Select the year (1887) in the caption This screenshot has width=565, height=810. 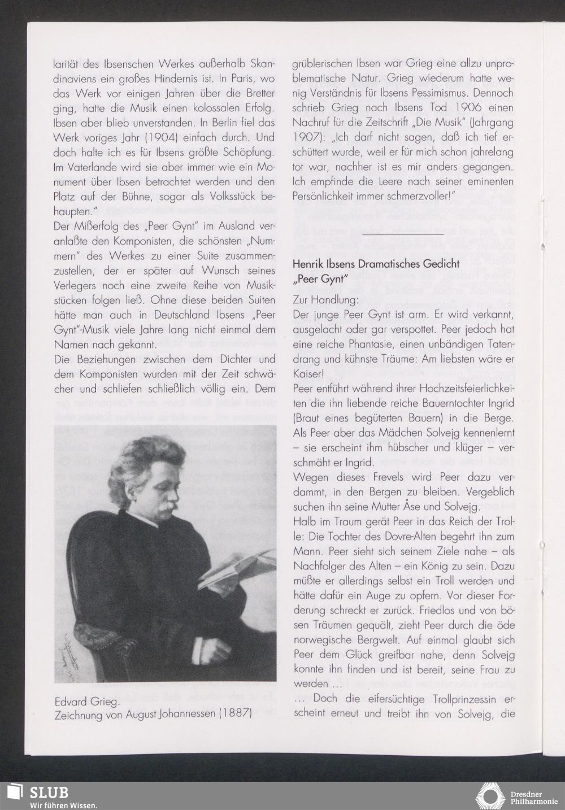235,714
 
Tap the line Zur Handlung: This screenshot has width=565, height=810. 325,298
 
